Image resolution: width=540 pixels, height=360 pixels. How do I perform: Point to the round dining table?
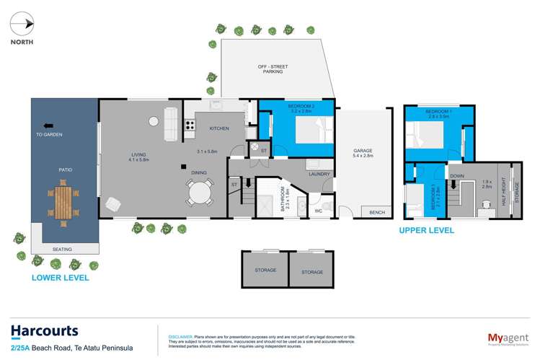tap(200, 193)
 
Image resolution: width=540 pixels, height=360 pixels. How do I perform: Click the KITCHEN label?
tap(219, 128)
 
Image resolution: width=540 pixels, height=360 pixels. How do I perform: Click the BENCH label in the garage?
tap(376, 213)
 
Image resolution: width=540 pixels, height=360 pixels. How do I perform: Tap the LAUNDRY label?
tap(318, 174)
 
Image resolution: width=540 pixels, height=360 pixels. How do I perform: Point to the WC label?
tap(317, 211)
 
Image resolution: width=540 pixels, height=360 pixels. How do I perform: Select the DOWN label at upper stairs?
tap(456, 175)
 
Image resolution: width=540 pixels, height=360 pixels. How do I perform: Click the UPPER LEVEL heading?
tap(427, 231)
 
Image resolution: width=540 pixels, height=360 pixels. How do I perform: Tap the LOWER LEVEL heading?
tap(61, 277)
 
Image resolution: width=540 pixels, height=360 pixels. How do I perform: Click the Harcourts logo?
tap(44, 331)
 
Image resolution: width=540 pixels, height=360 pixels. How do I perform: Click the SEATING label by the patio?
tap(62, 250)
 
